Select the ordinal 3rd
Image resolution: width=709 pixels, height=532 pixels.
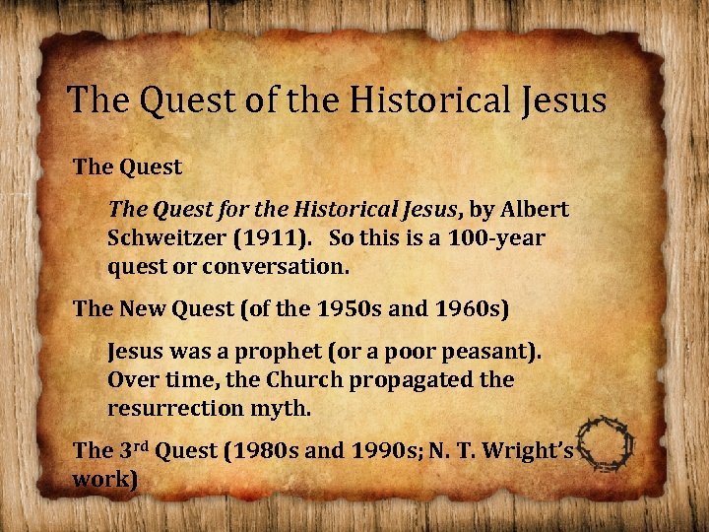point(138,450)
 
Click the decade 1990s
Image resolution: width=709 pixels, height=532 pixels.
point(386,451)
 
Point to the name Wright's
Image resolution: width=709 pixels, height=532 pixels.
point(533,451)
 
